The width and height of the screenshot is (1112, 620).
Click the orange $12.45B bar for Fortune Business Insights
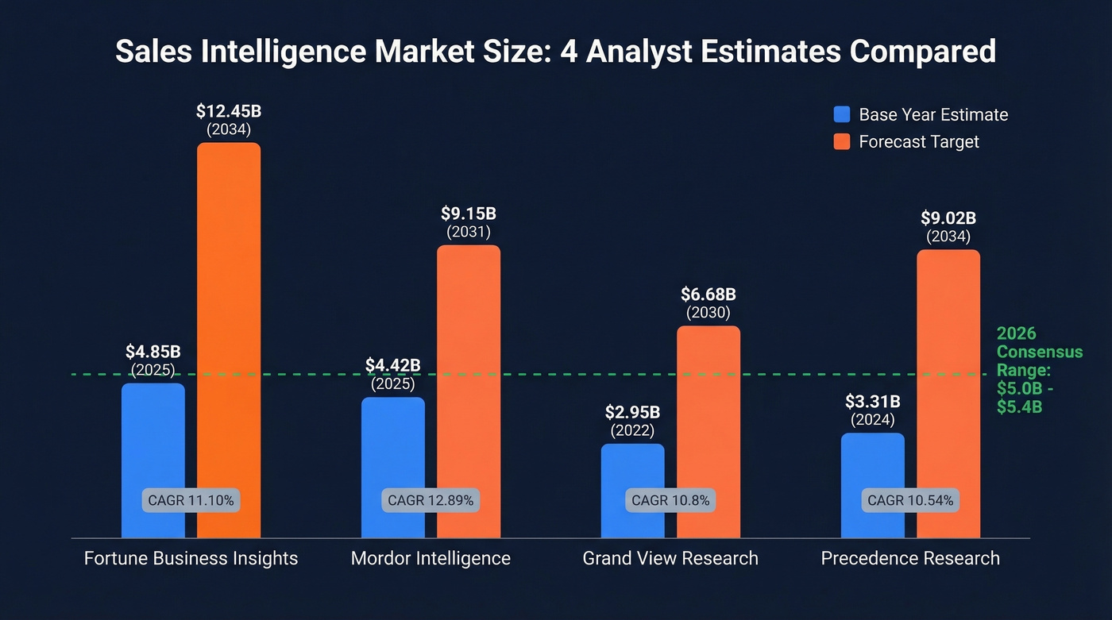click(229, 318)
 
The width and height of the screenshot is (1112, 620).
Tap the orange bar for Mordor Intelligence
click(469, 365)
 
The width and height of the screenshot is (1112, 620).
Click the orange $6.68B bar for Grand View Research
click(709, 413)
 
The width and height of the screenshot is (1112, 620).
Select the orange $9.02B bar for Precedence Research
click(948, 373)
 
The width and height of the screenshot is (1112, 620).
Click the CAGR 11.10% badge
click(191, 501)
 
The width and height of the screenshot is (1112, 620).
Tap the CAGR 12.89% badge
click(431, 501)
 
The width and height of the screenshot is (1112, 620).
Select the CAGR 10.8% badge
click(670, 501)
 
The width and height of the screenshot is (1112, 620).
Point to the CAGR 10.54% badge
click(910, 501)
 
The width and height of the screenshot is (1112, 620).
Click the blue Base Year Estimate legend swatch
click(842, 114)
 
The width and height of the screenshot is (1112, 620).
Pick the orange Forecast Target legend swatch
click(842, 142)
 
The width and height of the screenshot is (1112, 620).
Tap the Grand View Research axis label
click(670, 559)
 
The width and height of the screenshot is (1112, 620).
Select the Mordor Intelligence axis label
click(431, 559)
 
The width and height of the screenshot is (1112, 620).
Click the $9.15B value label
click(469, 214)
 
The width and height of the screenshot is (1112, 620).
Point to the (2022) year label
click(632, 431)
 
